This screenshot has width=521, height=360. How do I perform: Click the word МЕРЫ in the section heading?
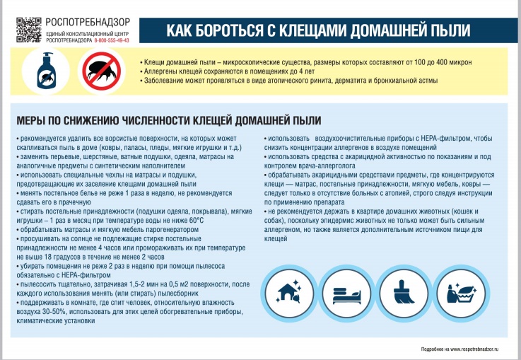coord(33,120)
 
